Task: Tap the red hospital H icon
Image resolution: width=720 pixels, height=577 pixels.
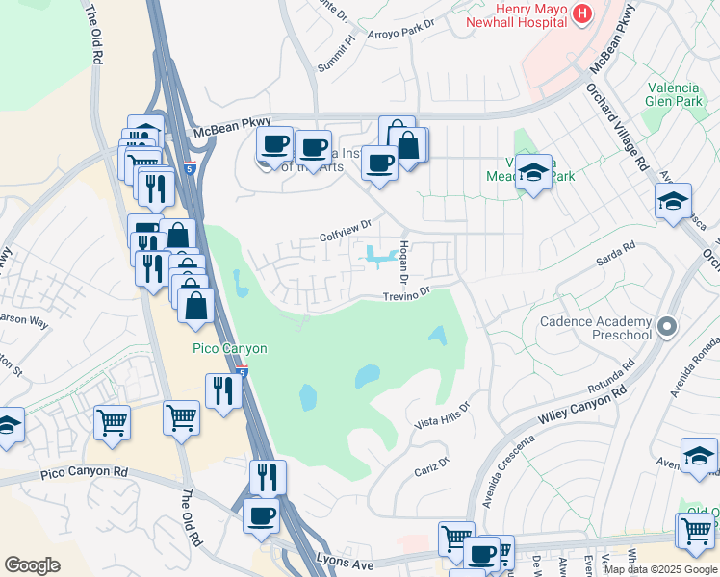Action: coord(581,13)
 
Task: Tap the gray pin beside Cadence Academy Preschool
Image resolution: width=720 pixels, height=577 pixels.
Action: coord(664,327)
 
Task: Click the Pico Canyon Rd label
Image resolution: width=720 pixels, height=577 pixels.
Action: coord(84,473)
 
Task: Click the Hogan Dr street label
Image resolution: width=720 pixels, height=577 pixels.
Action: coord(405,262)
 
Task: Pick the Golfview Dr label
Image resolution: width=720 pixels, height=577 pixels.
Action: coord(346,232)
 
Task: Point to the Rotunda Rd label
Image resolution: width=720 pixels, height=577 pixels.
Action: coord(609,378)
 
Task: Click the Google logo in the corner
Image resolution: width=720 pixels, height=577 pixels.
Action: coord(32,565)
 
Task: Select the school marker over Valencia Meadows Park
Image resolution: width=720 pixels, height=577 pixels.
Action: coord(533,173)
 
